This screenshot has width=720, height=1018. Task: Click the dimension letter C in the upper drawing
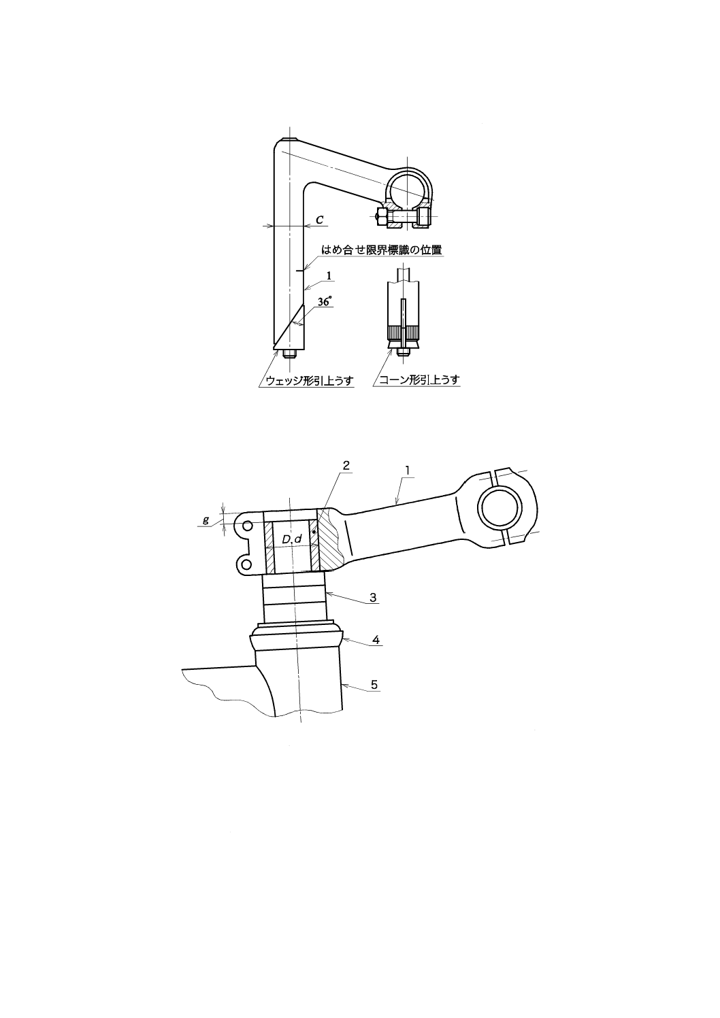click(x=320, y=220)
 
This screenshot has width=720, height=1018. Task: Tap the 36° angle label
click(x=325, y=301)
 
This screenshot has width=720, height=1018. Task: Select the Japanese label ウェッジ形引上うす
click(x=309, y=381)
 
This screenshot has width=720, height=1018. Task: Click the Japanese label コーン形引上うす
click(x=419, y=380)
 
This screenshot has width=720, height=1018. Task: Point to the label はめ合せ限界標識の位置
click(x=382, y=250)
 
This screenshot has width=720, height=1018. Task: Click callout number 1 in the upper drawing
click(x=329, y=275)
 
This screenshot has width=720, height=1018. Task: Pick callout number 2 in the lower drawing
click(x=346, y=465)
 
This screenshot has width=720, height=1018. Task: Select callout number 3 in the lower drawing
click(x=373, y=597)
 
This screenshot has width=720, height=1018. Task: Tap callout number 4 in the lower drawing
click(x=376, y=640)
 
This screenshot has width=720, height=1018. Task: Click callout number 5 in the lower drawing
click(x=374, y=684)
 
